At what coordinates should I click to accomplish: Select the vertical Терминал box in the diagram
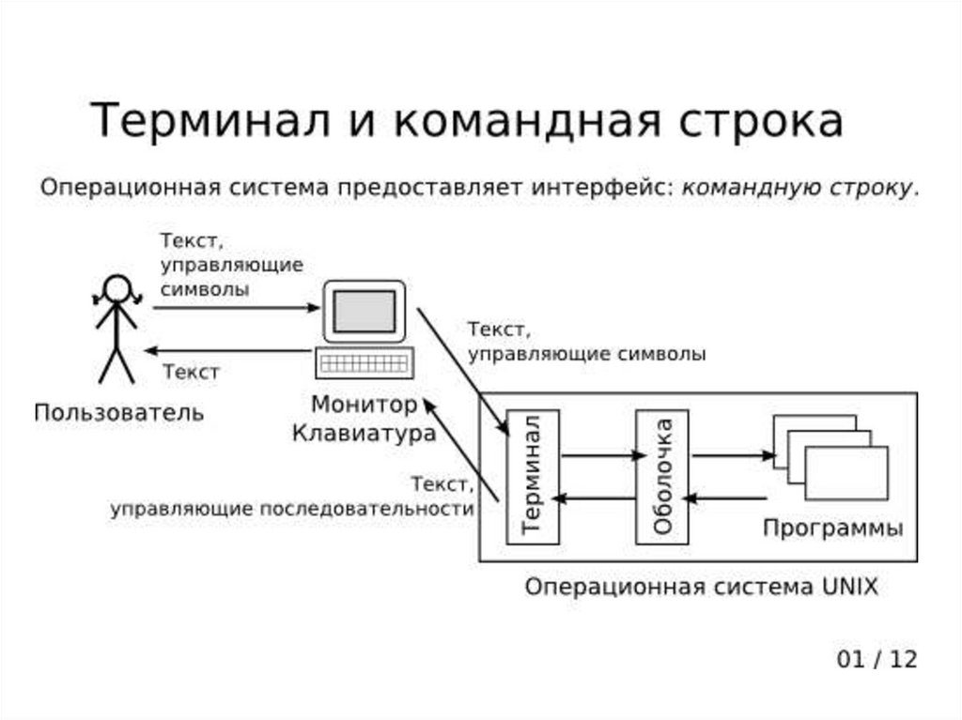coord(533,476)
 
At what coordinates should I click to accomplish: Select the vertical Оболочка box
coord(662,476)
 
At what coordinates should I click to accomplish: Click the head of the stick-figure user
coord(116,288)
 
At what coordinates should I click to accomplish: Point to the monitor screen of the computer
coord(364,311)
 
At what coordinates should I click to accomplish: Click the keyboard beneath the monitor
coord(364,361)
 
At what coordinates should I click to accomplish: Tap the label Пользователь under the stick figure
coord(118,412)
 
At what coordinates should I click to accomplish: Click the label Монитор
coord(364,406)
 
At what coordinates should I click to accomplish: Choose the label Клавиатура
coord(364,434)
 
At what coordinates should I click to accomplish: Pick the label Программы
coord(832,528)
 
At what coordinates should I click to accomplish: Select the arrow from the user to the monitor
coord(235,307)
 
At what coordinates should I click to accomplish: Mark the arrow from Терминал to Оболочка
coord(597,456)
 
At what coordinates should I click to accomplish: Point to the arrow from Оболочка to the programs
coord(733,456)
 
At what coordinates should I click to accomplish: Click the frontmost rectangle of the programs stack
coord(846,473)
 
